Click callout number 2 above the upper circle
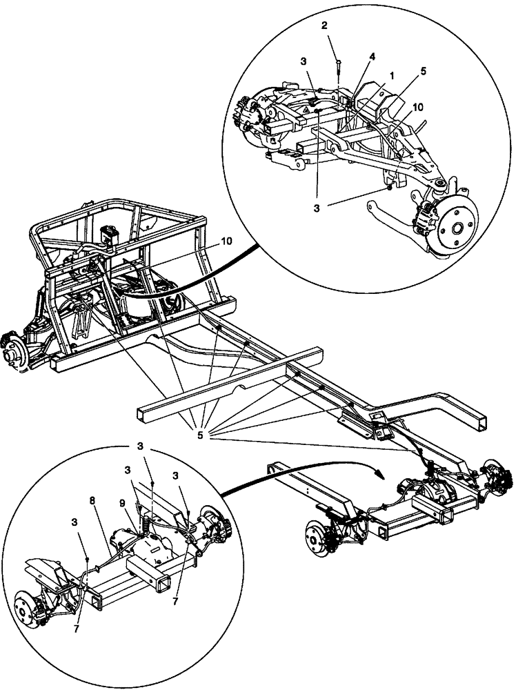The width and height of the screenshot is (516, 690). click(324, 26)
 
